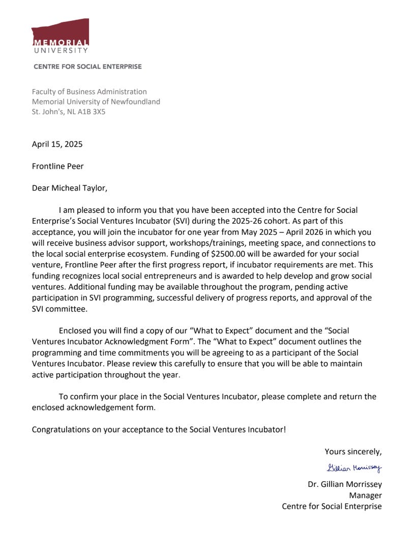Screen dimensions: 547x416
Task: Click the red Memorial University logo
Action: tap(60, 36)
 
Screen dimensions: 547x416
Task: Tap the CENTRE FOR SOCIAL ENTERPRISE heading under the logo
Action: tap(87, 67)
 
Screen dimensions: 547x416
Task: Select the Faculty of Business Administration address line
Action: tap(89, 92)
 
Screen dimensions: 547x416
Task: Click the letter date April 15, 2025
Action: tap(57, 144)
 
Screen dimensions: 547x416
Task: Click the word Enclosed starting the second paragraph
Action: tap(76, 331)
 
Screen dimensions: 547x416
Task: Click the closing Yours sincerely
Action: tap(353, 451)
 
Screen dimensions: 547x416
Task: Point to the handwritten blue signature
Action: tap(354, 468)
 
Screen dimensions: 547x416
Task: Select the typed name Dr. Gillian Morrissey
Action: tap(344, 484)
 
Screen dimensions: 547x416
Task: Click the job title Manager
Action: tap(365, 495)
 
